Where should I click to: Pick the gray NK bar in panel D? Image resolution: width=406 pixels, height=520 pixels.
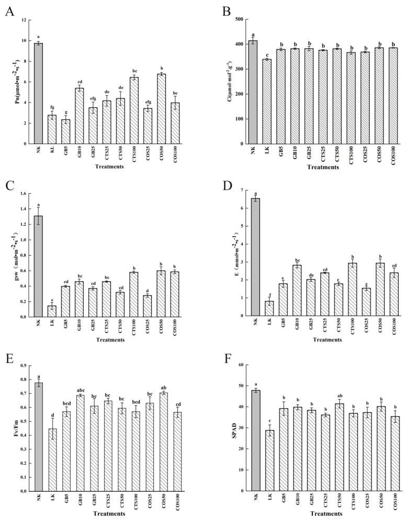coord(255,257)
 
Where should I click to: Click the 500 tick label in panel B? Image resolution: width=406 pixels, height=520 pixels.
coord(238,20)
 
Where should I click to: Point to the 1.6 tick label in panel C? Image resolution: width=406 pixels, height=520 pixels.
coord(22,194)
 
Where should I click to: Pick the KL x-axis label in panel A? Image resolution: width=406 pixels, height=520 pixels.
coord(52,153)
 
